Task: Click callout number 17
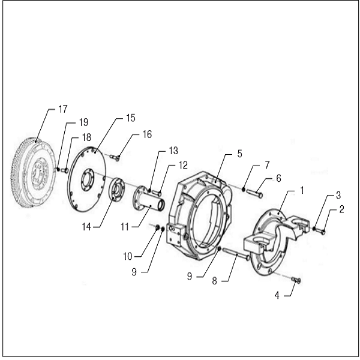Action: click(62, 109)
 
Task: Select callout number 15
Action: click(131, 118)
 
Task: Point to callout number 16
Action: click(147, 134)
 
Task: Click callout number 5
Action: click(239, 154)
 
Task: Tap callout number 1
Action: click(302, 190)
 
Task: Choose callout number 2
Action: click(341, 209)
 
